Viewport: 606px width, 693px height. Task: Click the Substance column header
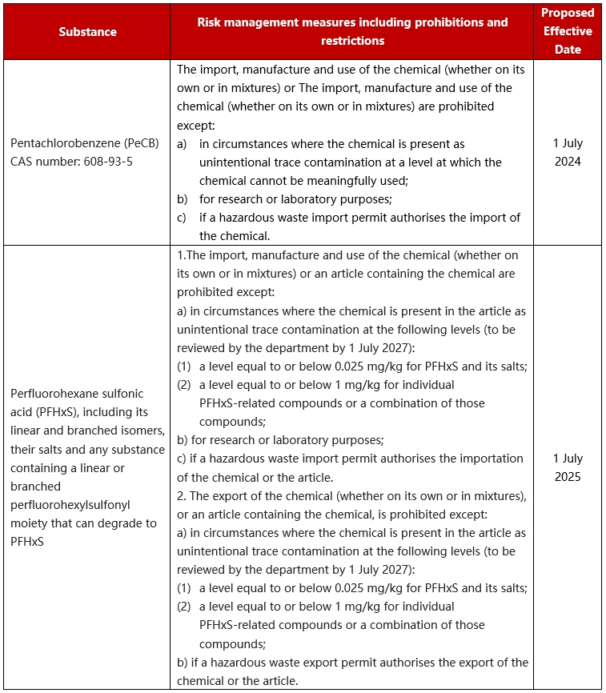[x=87, y=32]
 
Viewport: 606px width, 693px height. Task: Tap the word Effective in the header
[x=568, y=31]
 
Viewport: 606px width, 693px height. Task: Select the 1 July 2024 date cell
[x=568, y=152]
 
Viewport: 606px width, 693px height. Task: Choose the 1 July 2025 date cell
[x=568, y=468]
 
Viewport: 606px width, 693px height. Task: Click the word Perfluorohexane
[x=50, y=394]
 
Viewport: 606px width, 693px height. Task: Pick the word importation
[x=489, y=459]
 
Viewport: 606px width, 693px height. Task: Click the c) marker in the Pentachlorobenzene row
[x=183, y=218]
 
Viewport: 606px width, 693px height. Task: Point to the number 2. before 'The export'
[x=182, y=495]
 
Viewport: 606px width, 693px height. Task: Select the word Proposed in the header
[x=568, y=13]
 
